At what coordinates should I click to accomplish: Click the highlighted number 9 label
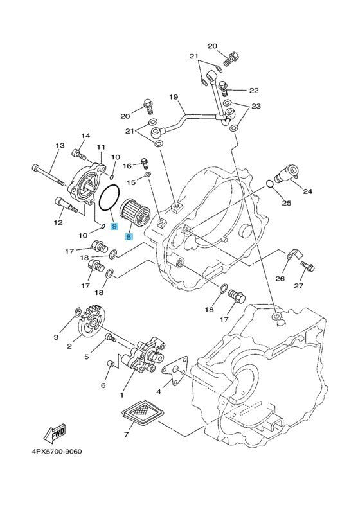(114, 225)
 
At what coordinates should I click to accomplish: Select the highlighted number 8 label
(129, 236)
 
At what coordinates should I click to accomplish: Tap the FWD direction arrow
(55, 433)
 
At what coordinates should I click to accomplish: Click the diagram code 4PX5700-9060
(57, 452)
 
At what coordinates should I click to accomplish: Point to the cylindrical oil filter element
(135, 212)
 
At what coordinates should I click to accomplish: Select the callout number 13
(60, 145)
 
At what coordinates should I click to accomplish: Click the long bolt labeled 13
(49, 175)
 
